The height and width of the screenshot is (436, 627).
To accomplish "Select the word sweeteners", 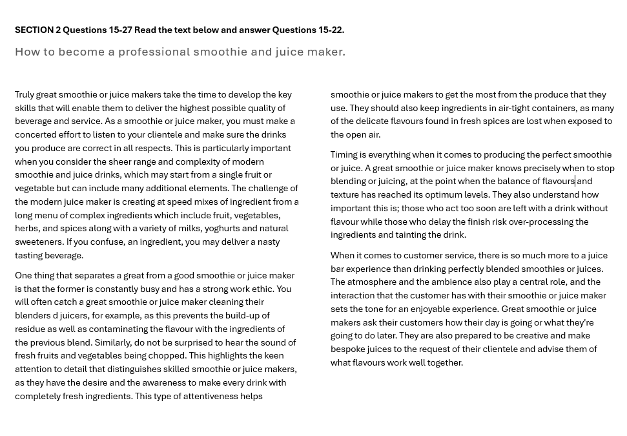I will point(39,242).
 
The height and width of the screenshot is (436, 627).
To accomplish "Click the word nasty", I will point(269,242).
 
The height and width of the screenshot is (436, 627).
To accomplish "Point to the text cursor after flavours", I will point(575,181).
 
